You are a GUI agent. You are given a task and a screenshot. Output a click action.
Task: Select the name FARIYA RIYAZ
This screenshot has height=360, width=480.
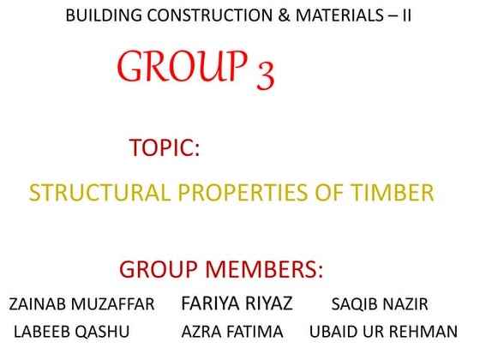(237, 303)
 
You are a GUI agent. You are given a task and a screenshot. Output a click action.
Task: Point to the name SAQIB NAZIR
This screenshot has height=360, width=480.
(380, 305)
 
